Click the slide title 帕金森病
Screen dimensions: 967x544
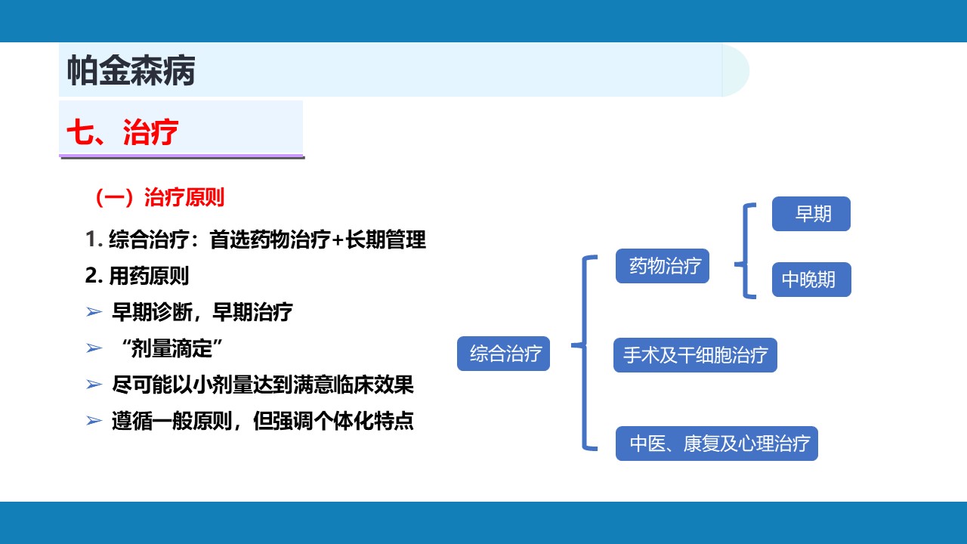pyautogui.click(x=131, y=70)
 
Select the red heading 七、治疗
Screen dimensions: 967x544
pyautogui.click(x=122, y=131)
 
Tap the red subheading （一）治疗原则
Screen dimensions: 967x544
pyautogui.click(x=159, y=198)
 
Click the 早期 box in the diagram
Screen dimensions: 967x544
pyautogui.click(x=811, y=214)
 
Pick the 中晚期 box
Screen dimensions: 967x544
pyautogui.click(x=811, y=280)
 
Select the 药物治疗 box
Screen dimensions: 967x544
pyautogui.click(x=663, y=266)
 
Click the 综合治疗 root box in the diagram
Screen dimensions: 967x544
pyautogui.click(x=503, y=354)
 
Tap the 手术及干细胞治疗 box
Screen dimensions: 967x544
pyautogui.click(x=695, y=355)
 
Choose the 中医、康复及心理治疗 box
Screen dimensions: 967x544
pyautogui.click(x=717, y=444)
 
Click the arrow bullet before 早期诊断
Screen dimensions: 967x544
pyautogui.click(x=94, y=312)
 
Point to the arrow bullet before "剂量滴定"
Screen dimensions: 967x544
pyautogui.click(x=94, y=348)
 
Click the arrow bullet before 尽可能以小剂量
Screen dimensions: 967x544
pyautogui.click(x=94, y=385)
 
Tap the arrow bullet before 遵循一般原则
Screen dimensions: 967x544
pyautogui.click(x=94, y=421)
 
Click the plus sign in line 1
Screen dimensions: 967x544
pyautogui.click(x=338, y=240)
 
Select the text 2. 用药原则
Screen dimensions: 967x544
pyautogui.click(x=137, y=276)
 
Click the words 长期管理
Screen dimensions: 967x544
pyautogui.click(x=385, y=240)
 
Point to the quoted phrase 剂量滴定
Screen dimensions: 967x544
pyautogui.click(x=171, y=348)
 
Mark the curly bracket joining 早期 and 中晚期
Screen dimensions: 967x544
pyautogui.click(x=745, y=251)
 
